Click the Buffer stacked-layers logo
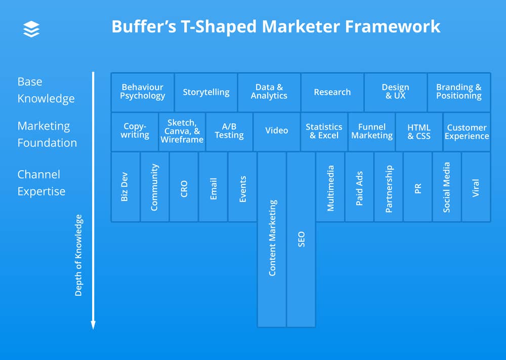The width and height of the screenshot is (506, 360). point(31,29)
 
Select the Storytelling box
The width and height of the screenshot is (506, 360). point(206,92)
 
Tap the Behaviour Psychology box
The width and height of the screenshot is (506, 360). point(143,92)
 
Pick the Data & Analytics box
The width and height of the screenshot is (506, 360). point(269,92)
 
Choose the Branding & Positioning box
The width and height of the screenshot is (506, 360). point(459,92)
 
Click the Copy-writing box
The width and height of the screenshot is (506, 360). point(135,132)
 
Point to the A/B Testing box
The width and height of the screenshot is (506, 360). point(229,132)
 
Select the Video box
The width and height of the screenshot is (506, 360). point(277,132)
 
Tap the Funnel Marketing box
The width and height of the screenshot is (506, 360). point(372,132)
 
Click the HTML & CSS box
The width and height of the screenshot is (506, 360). point(419,132)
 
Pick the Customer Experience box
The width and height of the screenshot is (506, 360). point(467,132)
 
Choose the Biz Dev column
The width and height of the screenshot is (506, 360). point(125,187)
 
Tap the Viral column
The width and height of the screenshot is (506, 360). point(476,187)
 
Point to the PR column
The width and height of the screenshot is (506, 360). point(418,187)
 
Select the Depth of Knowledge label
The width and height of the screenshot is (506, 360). point(78,255)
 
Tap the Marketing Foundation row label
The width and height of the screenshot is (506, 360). point(47,134)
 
